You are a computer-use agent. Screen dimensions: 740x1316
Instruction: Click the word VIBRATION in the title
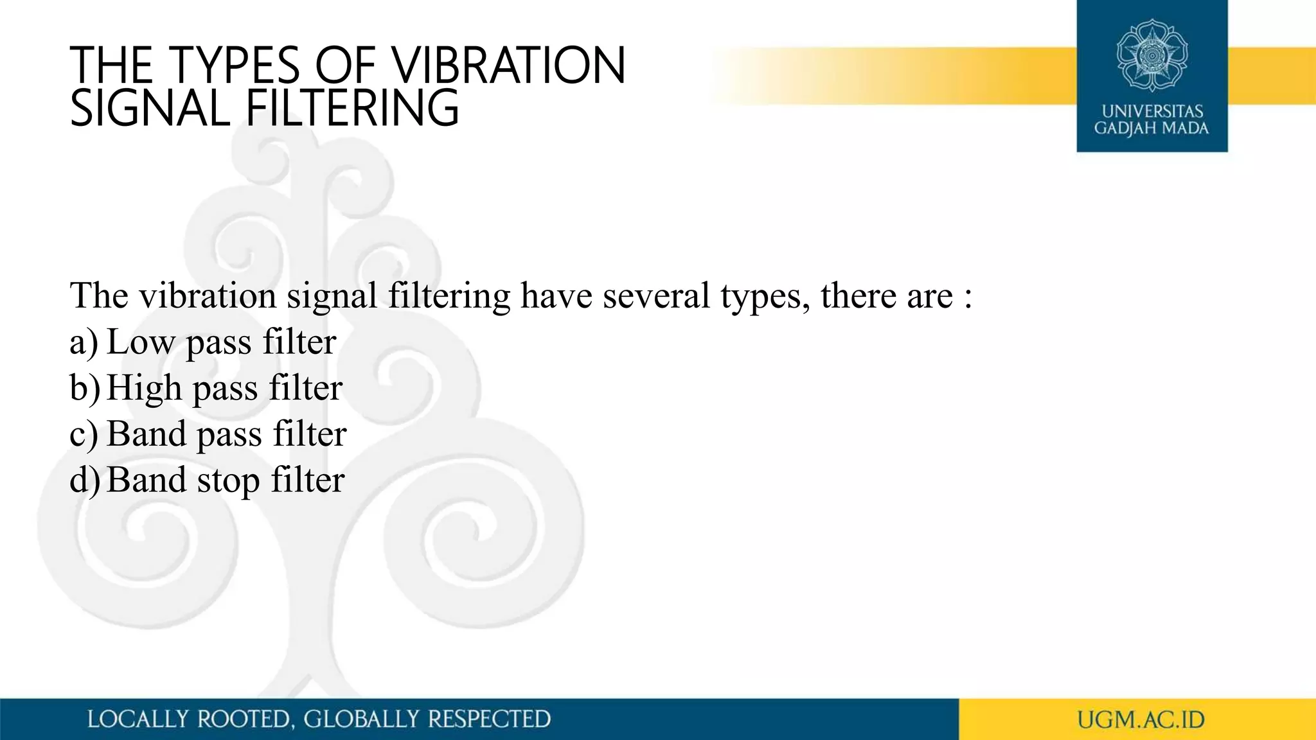coord(508,66)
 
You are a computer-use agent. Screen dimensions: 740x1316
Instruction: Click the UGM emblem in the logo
coord(1151,55)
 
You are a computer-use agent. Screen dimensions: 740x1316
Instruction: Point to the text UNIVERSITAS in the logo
coord(1152,111)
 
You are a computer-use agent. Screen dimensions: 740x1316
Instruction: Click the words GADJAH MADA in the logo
coord(1151,128)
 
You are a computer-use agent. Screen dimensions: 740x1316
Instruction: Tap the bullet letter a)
coord(84,342)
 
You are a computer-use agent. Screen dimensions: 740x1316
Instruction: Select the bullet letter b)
coord(84,388)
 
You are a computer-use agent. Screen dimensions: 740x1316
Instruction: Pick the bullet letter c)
coord(84,434)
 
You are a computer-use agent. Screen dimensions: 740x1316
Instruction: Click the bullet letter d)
coord(84,480)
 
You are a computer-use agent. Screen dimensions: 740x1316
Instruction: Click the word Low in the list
coord(141,342)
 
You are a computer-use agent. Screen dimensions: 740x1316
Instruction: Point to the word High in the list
coord(145,388)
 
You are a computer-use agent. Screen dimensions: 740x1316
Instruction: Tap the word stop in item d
coord(228,480)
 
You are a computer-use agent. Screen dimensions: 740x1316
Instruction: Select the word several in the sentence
coord(656,296)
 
